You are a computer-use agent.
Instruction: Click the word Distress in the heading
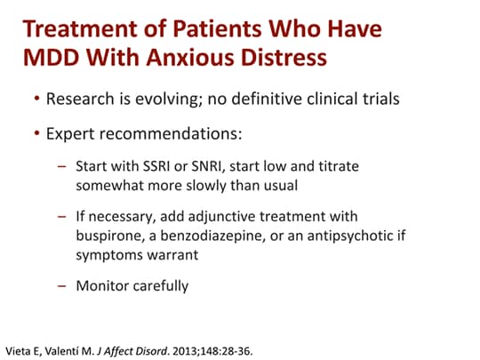pyautogui.click(x=284, y=57)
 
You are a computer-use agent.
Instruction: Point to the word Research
pyautogui.click(x=80, y=99)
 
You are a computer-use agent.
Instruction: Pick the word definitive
pyautogui.click(x=267, y=99)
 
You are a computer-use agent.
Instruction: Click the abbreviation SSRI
pyautogui.click(x=156, y=166)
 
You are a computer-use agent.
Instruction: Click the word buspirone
pyautogui.click(x=110, y=236)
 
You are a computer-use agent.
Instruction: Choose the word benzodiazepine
pyautogui.click(x=212, y=236)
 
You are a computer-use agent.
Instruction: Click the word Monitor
pyautogui.click(x=102, y=286)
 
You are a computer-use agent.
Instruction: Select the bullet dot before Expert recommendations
pyautogui.click(x=37, y=133)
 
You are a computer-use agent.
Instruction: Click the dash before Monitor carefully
pyautogui.click(x=61, y=286)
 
